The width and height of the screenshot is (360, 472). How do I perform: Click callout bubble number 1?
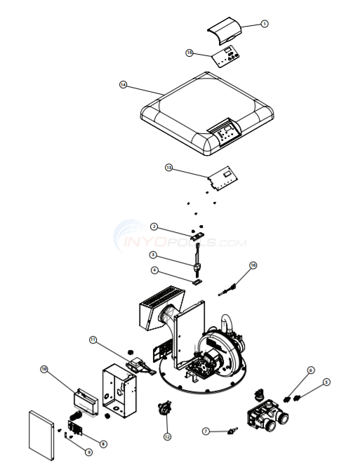pos(265,23)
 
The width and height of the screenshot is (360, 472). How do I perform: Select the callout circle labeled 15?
pos(189,52)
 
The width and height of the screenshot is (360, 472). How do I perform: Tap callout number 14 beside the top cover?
pos(123,84)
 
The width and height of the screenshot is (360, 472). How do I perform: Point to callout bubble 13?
pos(168,168)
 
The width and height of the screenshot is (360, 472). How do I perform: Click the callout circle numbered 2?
pos(154,226)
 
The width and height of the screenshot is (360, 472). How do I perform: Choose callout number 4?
pos(154,270)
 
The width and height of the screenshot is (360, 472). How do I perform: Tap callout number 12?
pos(167,436)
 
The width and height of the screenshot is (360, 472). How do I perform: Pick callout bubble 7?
pos(206,430)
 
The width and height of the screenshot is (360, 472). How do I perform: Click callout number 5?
pos(326,382)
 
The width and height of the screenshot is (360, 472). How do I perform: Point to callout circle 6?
pos(310,370)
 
